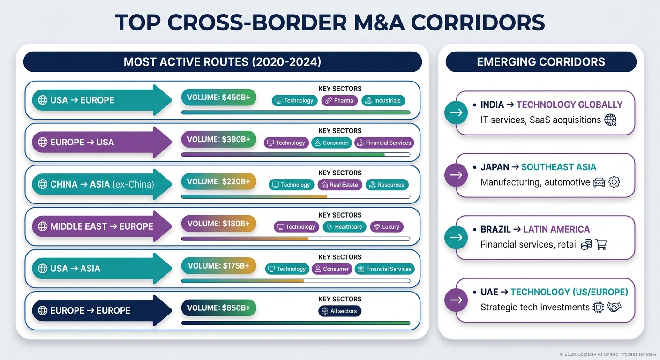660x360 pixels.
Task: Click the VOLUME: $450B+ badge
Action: [x=218, y=97]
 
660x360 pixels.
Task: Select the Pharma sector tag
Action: [x=339, y=100]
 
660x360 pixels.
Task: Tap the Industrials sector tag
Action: [x=383, y=100]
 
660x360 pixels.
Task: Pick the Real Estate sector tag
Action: [x=339, y=185]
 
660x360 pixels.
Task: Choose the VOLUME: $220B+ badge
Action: [x=218, y=181]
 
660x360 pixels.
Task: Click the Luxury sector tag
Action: [x=386, y=227]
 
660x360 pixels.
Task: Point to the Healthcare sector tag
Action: [x=344, y=227]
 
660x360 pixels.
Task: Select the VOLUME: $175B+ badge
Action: [x=218, y=266]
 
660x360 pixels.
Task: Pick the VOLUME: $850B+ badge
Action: [x=218, y=308]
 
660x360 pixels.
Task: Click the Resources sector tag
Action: [x=387, y=185]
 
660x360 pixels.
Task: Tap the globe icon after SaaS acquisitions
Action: [x=610, y=120]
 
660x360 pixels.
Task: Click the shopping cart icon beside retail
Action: [x=600, y=244]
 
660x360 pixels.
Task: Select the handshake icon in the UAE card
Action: [x=614, y=307]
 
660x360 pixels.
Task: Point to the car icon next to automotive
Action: [x=599, y=182]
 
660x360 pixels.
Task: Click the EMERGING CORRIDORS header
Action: [x=540, y=62]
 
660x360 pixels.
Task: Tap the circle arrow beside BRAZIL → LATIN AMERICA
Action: [x=456, y=237]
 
